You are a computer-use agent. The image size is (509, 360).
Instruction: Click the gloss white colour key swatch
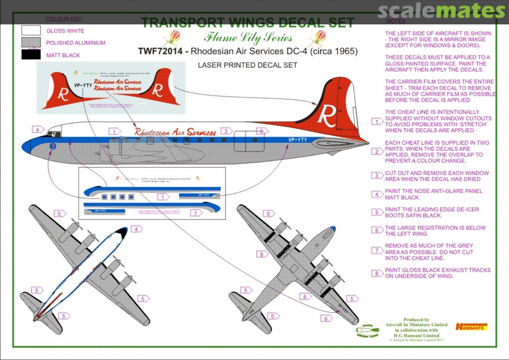(x=31, y=31)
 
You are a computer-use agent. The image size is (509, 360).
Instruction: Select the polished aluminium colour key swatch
(x=31, y=43)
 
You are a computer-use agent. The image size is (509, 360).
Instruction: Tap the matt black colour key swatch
(x=31, y=55)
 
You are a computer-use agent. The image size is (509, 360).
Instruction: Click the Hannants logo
(x=471, y=327)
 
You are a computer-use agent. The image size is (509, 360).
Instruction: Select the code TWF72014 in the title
(x=161, y=51)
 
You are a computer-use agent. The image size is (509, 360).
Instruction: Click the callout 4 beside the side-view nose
(x=37, y=130)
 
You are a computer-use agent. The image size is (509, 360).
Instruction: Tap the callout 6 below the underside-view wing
(x=325, y=319)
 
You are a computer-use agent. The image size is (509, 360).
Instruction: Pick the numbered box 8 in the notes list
(x=377, y=273)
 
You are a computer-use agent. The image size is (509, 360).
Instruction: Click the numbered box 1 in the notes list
(x=377, y=122)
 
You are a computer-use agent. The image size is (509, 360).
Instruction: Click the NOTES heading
(x=395, y=21)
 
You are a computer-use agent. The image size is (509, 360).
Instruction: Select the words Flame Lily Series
(x=248, y=38)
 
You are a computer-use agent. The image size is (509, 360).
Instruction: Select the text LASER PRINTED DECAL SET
(x=247, y=65)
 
